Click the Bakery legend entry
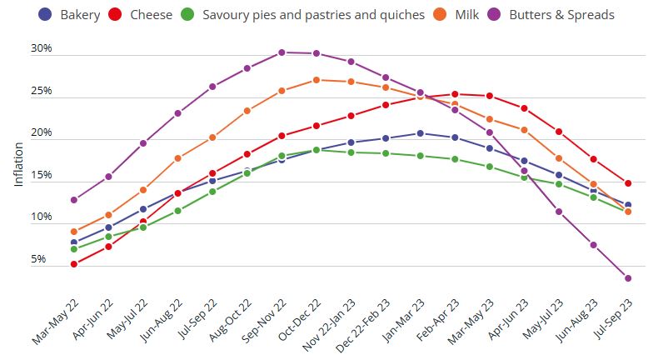point(70,14)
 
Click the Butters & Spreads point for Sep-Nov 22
point(282,52)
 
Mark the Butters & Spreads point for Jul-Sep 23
point(627,278)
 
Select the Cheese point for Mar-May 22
point(74,264)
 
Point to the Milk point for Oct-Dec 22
point(317,80)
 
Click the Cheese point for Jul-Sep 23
point(627,183)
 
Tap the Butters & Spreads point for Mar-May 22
point(74,200)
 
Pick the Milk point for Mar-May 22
point(74,232)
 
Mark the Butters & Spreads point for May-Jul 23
point(558,212)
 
